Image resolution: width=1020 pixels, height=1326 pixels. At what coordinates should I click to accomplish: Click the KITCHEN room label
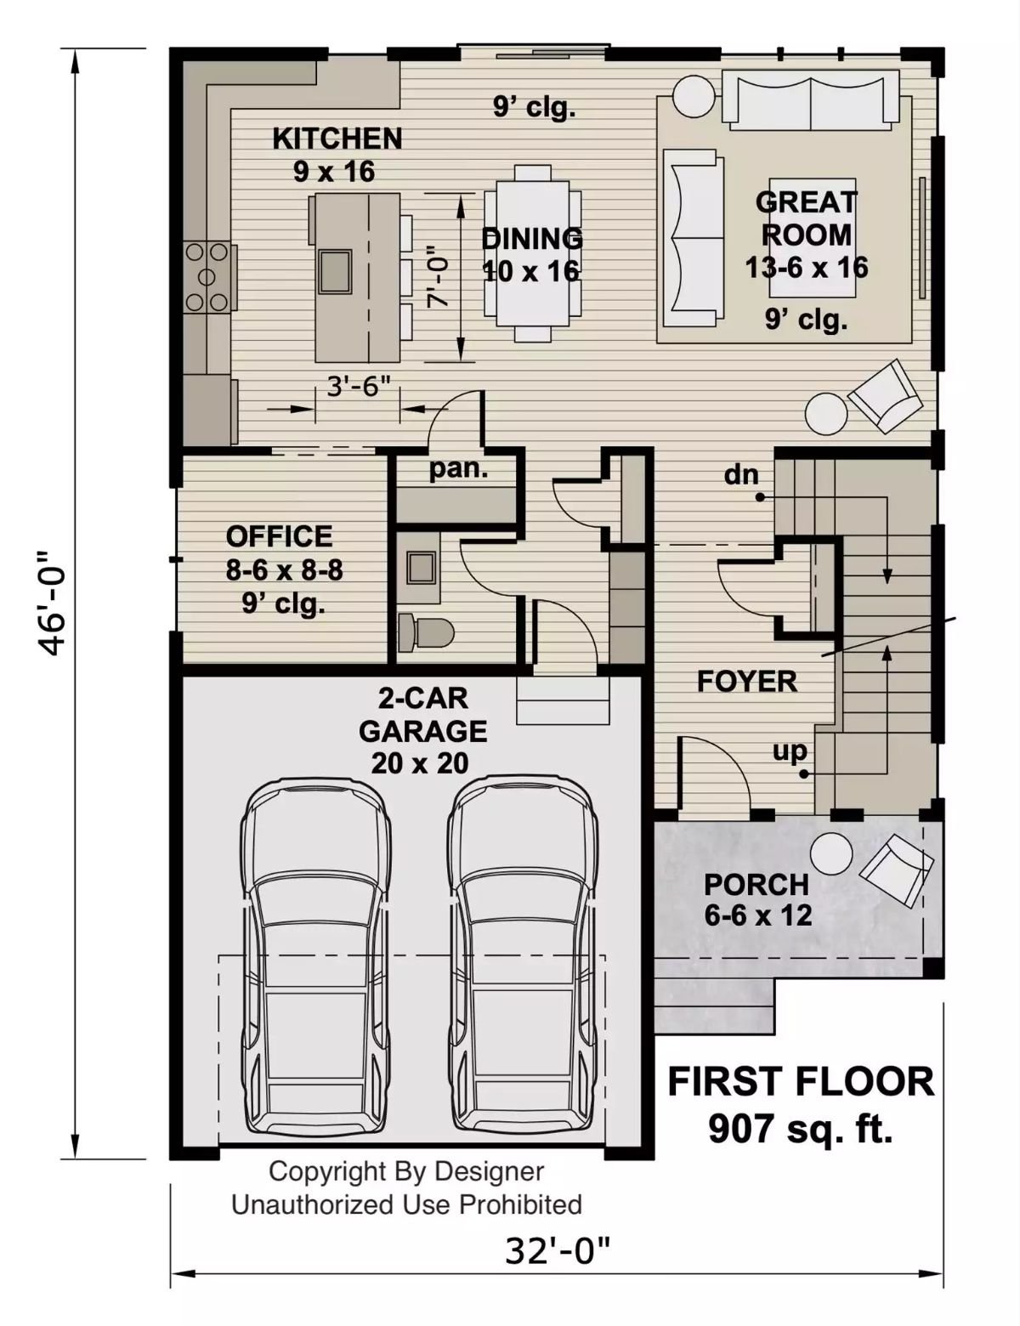pos(337,139)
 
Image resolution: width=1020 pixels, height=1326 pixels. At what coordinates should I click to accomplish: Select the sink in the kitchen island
pos(336,271)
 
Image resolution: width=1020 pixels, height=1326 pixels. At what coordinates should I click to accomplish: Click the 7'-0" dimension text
pos(436,276)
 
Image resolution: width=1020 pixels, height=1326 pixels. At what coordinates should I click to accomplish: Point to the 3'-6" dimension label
pos(358,387)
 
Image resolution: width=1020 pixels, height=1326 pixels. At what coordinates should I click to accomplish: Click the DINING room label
pos(532,239)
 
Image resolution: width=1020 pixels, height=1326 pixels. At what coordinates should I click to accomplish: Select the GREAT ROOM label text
pos(806,218)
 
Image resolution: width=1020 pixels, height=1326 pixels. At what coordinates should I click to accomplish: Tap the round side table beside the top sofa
pos(694,96)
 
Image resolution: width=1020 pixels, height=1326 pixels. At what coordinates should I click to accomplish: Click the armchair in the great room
pos(885,396)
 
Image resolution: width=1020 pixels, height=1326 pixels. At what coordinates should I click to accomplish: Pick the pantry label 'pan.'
pos(458,468)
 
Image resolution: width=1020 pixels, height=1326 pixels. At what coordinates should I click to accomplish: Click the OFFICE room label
pos(280,536)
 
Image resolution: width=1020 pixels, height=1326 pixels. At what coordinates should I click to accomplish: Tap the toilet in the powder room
pos(428,632)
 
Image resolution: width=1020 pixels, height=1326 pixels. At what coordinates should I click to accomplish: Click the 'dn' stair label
pos(741,474)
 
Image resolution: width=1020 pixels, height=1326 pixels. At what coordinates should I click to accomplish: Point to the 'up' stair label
pos(790,751)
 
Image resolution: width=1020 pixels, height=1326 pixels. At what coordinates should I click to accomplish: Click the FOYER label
pos(747,681)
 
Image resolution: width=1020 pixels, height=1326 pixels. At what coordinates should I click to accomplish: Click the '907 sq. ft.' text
pos(800,1129)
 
